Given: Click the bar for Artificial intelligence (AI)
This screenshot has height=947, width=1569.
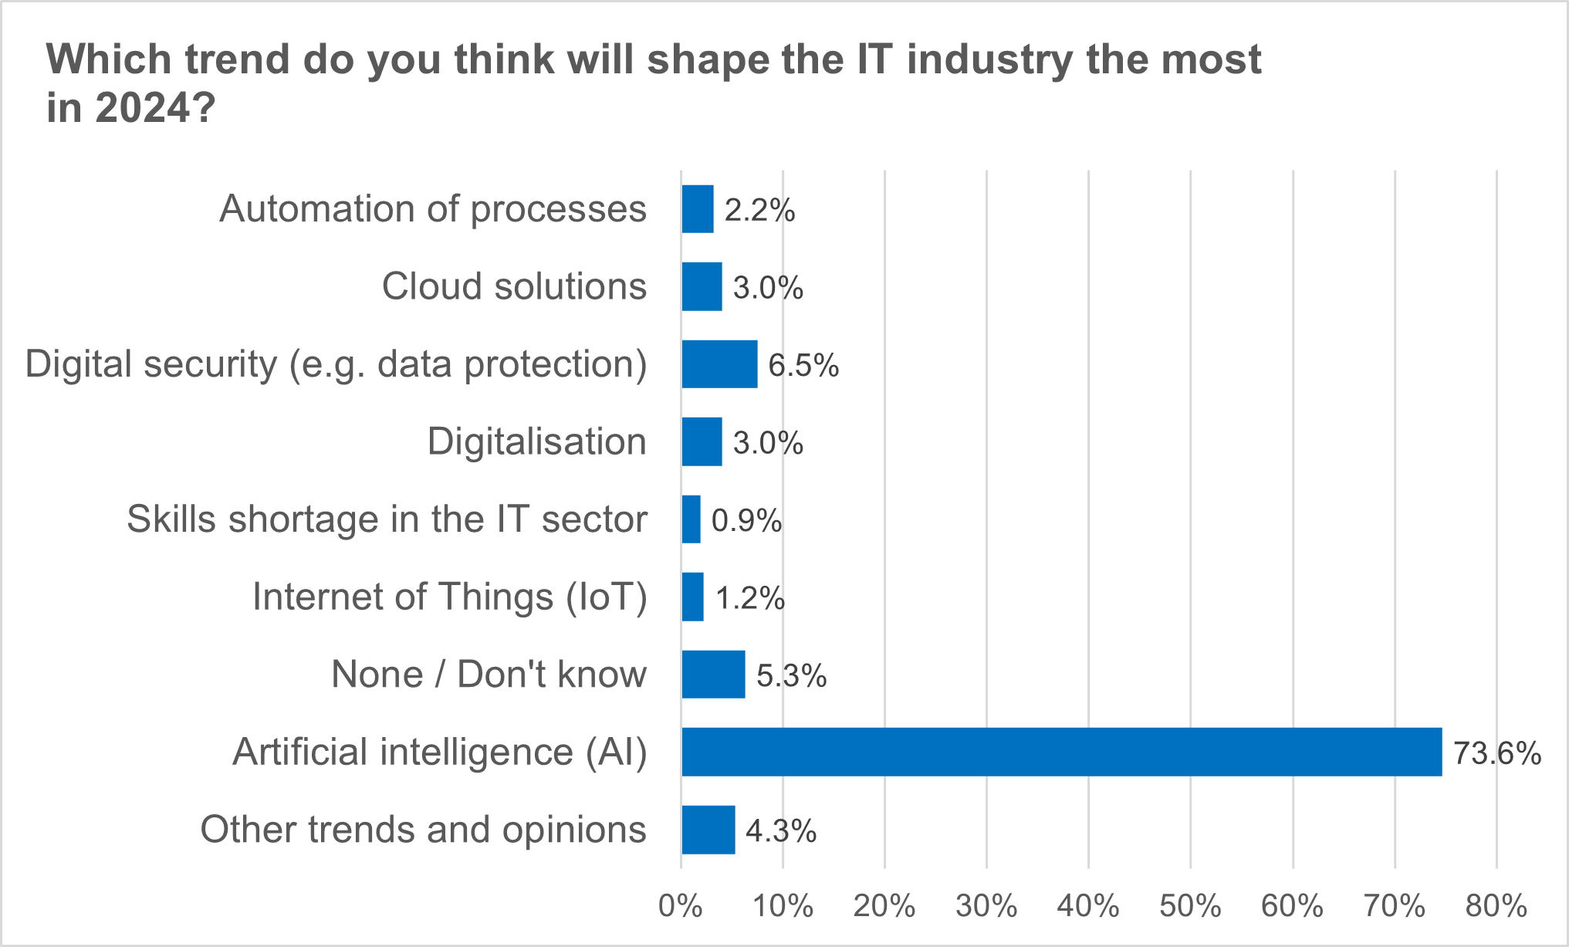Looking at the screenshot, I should pos(1061,752).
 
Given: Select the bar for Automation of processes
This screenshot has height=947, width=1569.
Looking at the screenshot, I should pos(698,209).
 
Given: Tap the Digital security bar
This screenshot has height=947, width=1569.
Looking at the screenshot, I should pos(719,364).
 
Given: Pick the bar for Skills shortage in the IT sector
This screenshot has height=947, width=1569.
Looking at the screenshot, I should pos(692,519).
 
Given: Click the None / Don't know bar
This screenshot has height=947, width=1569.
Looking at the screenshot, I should pos(713,675).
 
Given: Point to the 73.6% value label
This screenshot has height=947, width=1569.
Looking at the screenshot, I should pos(1496,753).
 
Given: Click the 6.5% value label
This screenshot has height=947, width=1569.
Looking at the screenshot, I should pos(803,365).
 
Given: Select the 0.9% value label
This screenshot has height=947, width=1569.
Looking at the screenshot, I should pos(746,521).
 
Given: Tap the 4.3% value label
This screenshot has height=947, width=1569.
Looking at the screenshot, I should pos(781,831).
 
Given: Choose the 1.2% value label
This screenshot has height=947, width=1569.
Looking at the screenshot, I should pos(750,598).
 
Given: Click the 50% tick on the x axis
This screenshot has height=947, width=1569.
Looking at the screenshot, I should pos(1190,906).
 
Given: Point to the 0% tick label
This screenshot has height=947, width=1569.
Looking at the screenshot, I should pos(680,906).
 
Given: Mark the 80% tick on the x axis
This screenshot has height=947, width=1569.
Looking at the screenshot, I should pos(1496,906).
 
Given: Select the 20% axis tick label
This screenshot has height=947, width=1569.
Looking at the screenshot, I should pos(884,906).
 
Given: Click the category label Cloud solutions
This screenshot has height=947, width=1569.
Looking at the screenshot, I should pos(514,286).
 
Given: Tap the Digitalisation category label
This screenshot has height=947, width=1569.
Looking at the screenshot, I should pos(537,441).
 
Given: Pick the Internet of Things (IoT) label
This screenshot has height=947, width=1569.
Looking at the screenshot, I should pos(450,597).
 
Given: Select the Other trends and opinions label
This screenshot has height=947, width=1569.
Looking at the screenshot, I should pos(423,830).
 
